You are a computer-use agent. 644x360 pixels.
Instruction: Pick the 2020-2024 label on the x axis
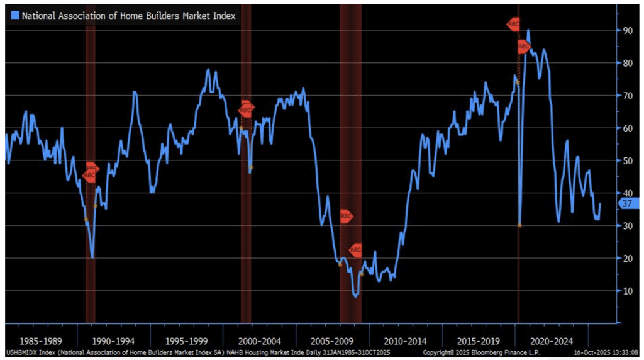tap(552, 341)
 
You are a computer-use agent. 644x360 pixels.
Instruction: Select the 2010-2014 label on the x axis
tap(406, 341)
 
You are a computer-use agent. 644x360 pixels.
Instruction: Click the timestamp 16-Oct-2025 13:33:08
tap(607, 353)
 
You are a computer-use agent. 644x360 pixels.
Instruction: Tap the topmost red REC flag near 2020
tap(514, 25)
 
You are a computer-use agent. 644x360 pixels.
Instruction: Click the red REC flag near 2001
tap(246, 110)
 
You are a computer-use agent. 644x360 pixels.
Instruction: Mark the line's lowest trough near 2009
tap(356, 296)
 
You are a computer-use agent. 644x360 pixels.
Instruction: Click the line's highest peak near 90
tap(528, 30)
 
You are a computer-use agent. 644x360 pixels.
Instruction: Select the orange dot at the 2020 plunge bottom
tap(519, 225)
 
